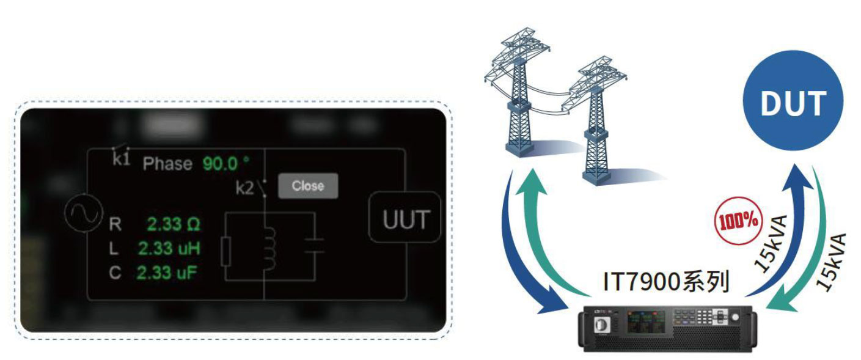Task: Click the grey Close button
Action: (307, 186)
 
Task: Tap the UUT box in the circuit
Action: (406, 219)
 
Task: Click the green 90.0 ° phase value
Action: (226, 164)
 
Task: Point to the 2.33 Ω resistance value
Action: (173, 224)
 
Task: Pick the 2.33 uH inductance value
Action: (169, 249)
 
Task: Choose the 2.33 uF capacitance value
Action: (167, 273)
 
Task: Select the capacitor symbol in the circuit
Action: (314, 246)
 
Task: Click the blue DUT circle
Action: (793, 102)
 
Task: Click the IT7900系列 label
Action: (666, 283)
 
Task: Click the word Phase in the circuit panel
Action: (167, 164)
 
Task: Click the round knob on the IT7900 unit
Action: (741, 318)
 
